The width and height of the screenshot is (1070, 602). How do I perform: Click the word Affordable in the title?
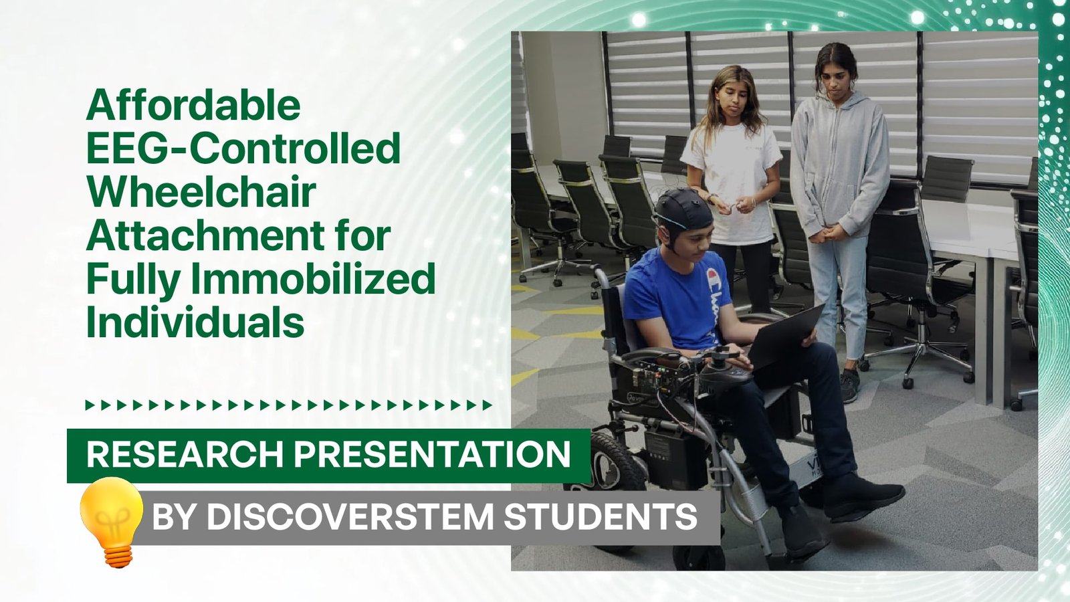[x=193, y=104]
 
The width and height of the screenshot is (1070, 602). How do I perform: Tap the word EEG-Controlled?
[x=243, y=148]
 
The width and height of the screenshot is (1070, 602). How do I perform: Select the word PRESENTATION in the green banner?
[x=432, y=454]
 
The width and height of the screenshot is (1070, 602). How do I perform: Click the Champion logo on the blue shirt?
[x=713, y=306]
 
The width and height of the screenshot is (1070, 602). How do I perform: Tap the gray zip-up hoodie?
[x=839, y=165]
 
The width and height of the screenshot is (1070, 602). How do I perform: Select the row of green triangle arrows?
[x=288, y=405]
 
